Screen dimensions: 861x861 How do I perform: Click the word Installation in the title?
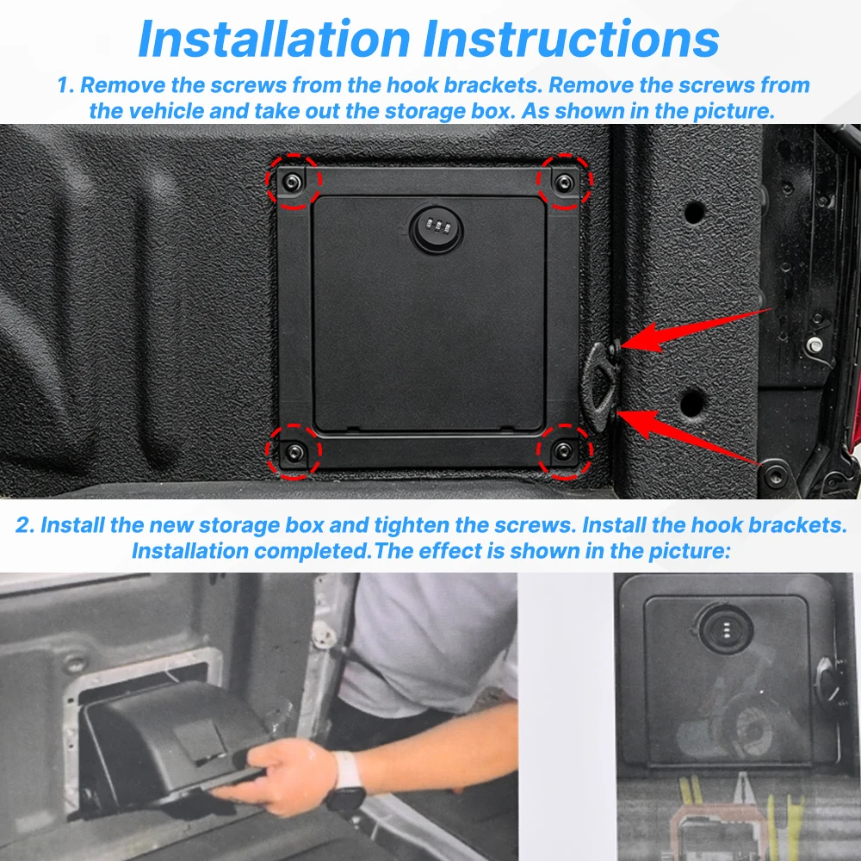point(275,39)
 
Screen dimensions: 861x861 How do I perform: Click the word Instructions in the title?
point(571,39)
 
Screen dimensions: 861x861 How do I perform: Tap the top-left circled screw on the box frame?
point(292,182)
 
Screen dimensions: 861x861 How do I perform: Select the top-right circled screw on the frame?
point(564,183)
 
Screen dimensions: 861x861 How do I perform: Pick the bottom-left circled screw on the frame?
point(294,452)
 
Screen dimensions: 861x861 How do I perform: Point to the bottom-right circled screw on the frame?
point(563,451)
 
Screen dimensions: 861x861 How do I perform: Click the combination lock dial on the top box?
point(437,228)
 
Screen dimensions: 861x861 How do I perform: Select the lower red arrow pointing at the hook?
point(690,437)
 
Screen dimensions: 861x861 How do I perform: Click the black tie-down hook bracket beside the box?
point(601,384)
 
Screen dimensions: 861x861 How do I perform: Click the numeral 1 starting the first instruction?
point(65,85)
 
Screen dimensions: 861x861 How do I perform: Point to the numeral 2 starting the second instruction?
point(25,525)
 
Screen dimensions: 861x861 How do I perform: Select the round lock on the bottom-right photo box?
point(725,629)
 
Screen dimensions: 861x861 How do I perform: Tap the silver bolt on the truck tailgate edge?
point(815,345)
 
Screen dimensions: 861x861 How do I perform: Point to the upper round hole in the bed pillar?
point(695,212)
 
